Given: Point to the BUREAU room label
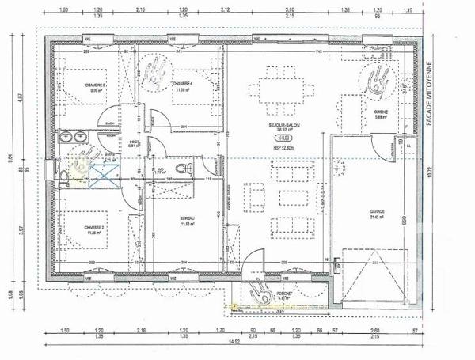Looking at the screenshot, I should [187, 218].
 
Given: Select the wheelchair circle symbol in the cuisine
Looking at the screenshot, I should [379, 79].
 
